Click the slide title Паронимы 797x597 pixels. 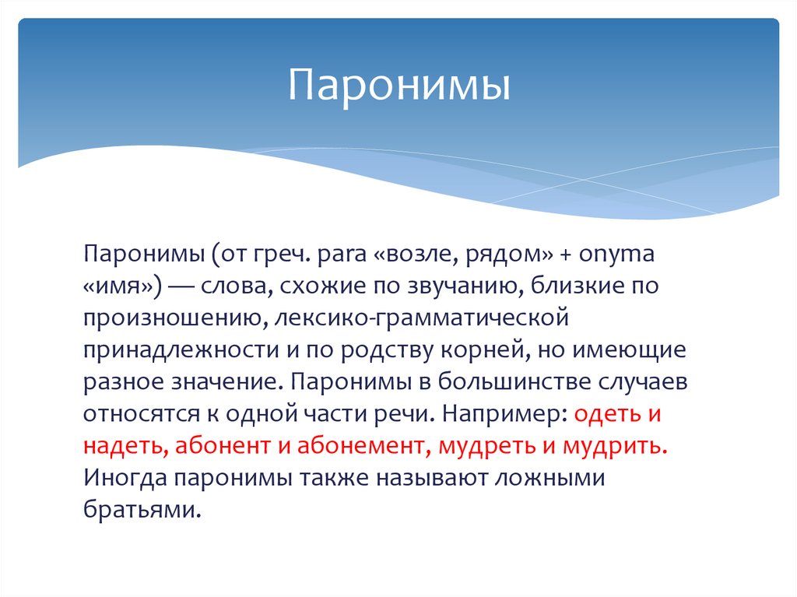pyautogui.click(x=399, y=86)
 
